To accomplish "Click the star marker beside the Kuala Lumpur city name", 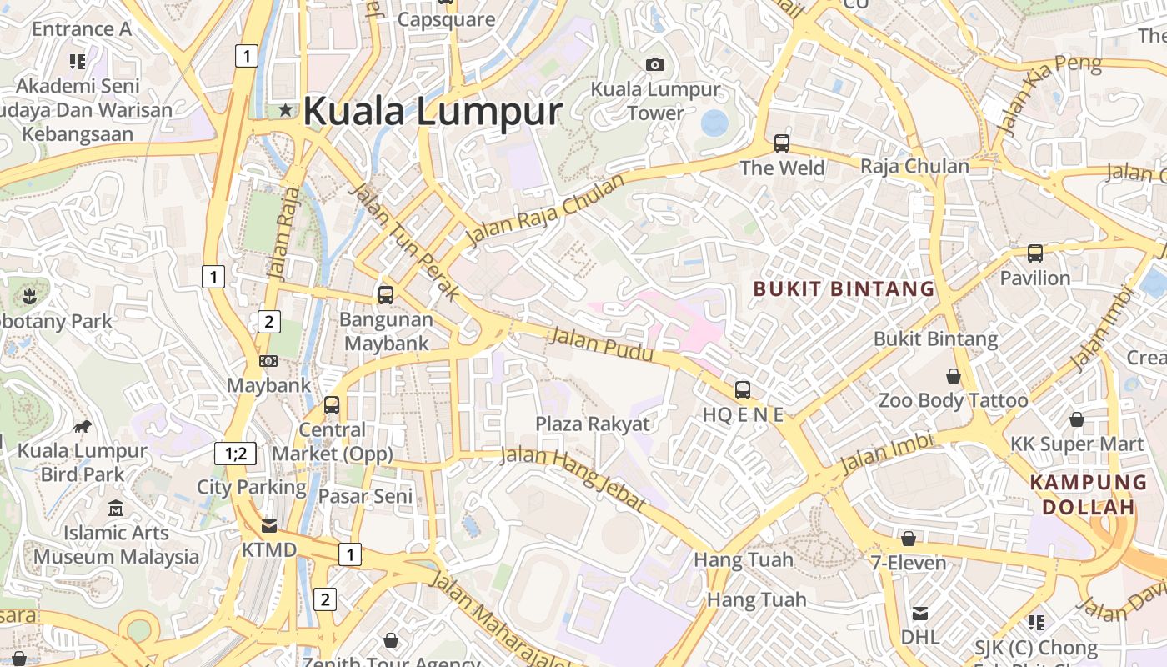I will [x=286, y=109].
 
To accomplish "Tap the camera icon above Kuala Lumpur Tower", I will [x=655, y=64].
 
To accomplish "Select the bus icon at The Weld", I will [x=781, y=143].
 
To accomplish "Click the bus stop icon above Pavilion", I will [x=1034, y=253].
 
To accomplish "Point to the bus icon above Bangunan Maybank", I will [x=385, y=294].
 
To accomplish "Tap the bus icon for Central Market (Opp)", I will [x=332, y=405].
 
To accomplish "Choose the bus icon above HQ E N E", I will [x=742, y=389].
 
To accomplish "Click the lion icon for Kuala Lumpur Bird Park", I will [x=82, y=427].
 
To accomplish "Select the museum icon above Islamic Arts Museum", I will [x=116, y=508].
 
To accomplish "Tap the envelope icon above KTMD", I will [x=268, y=526].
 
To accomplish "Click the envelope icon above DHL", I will [x=919, y=614].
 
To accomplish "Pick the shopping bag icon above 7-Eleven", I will [x=909, y=539].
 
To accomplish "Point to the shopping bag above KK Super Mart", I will [x=1076, y=419].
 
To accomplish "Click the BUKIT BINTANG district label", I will [x=844, y=289].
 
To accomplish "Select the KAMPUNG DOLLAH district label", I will [x=1088, y=494].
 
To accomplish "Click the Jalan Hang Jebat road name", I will [x=573, y=479].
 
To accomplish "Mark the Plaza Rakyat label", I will [x=592, y=424].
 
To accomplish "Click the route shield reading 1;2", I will [x=235, y=454].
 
